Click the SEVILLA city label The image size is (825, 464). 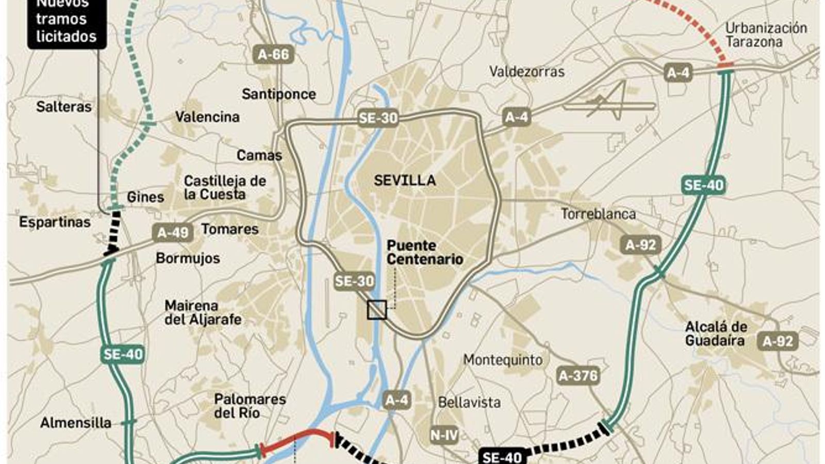[x=405, y=180]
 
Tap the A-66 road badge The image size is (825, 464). [x=274, y=55]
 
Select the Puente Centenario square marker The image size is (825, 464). [x=377, y=310]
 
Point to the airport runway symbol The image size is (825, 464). [x=608, y=103]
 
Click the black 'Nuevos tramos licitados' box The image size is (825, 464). [x=66, y=23]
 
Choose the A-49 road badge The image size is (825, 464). [x=173, y=233]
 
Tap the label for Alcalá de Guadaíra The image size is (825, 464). [x=716, y=334]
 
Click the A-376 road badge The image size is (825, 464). [x=578, y=376]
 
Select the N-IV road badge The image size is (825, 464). [x=444, y=435]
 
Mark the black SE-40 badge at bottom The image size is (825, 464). [x=502, y=457]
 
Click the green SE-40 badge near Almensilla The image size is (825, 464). [x=123, y=354]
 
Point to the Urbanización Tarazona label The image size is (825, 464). [x=766, y=35]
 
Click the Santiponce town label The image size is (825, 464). [x=278, y=94]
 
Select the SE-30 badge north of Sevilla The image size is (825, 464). [x=378, y=118]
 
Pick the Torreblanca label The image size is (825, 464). [x=598, y=214]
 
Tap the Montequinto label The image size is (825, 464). [x=503, y=360]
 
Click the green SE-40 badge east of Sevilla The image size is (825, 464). [x=704, y=185]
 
